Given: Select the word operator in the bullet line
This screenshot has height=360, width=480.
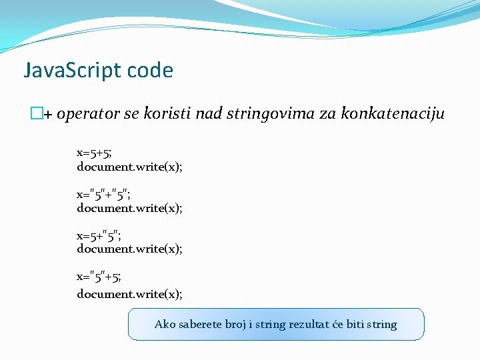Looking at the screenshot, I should click(89, 115).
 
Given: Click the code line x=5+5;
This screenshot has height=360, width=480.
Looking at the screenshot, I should click(94, 153).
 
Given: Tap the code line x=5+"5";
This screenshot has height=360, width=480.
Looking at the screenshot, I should click(99, 235).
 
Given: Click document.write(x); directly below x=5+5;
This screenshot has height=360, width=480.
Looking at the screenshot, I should click(129, 167).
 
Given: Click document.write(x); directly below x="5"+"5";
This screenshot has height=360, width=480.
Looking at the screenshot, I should click(129, 208).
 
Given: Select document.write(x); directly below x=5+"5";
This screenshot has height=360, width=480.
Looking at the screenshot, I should click(129, 249).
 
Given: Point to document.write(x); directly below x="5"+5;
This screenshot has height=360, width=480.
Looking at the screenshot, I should click(129, 294).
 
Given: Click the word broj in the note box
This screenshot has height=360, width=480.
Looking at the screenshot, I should click(239, 325).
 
